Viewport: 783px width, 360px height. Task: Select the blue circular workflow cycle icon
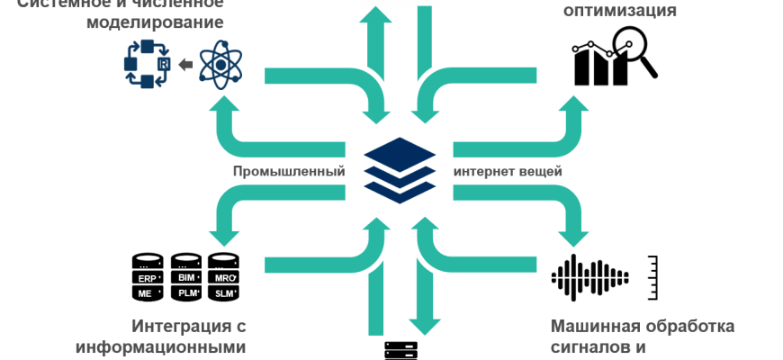coord(146,65)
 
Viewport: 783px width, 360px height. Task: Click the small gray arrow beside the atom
coord(185,65)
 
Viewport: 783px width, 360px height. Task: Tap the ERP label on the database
coord(148,278)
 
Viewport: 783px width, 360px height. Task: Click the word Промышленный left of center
coord(288,171)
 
